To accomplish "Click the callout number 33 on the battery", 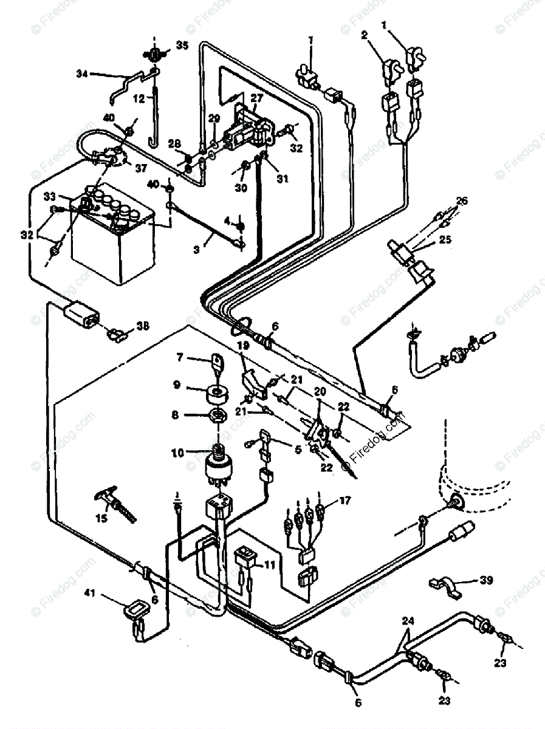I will tap(49, 196).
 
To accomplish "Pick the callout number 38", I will tap(142, 326).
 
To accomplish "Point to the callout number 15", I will tap(101, 518).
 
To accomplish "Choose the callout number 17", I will tap(344, 501).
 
